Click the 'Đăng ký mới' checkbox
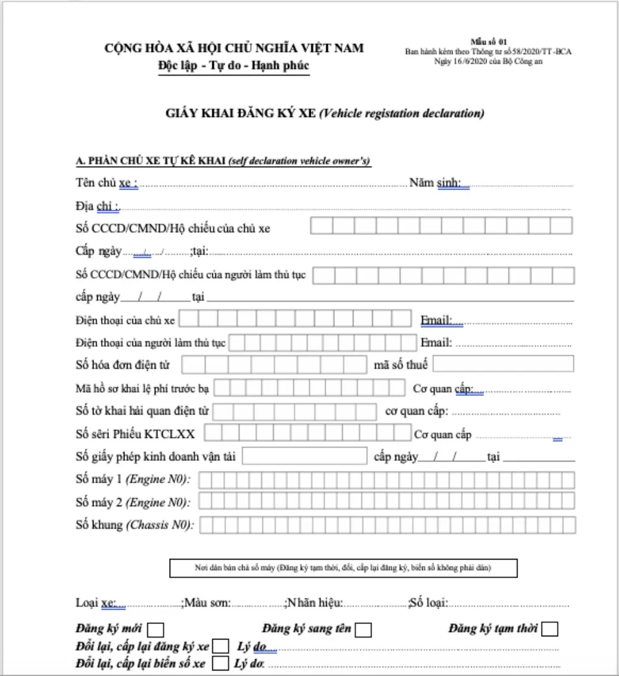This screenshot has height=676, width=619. click(x=156, y=630)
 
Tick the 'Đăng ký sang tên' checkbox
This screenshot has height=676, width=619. click(x=363, y=630)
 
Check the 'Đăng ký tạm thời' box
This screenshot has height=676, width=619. click(x=549, y=630)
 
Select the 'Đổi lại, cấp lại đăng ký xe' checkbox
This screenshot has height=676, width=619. click(x=220, y=647)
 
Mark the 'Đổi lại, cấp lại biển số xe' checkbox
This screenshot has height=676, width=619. click(x=220, y=664)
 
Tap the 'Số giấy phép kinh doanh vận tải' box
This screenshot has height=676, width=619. click(x=305, y=456)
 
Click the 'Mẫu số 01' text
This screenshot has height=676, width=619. click(x=488, y=41)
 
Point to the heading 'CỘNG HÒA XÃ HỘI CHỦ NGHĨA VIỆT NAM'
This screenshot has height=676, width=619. click(x=234, y=48)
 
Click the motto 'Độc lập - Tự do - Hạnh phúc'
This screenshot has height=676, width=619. click(x=233, y=66)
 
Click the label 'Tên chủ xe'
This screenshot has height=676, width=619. click(x=106, y=183)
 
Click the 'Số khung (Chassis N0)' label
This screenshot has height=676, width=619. click(x=135, y=525)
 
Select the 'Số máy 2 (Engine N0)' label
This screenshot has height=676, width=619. click(x=133, y=501)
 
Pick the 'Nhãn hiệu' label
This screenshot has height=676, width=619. click(x=315, y=603)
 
